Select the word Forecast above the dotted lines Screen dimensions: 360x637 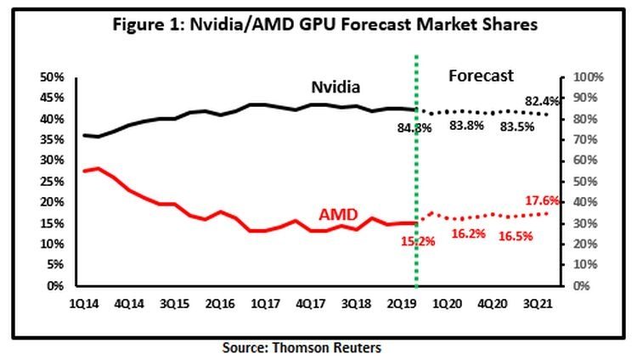click(x=481, y=76)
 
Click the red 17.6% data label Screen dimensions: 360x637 click(x=540, y=201)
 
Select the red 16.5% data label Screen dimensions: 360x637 click(x=516, y=236)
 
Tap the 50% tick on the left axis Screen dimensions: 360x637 click(x=54, y=77)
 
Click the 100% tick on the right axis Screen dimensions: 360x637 click(x=588, y=77)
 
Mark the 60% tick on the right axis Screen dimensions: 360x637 click(x=586, y=160)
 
